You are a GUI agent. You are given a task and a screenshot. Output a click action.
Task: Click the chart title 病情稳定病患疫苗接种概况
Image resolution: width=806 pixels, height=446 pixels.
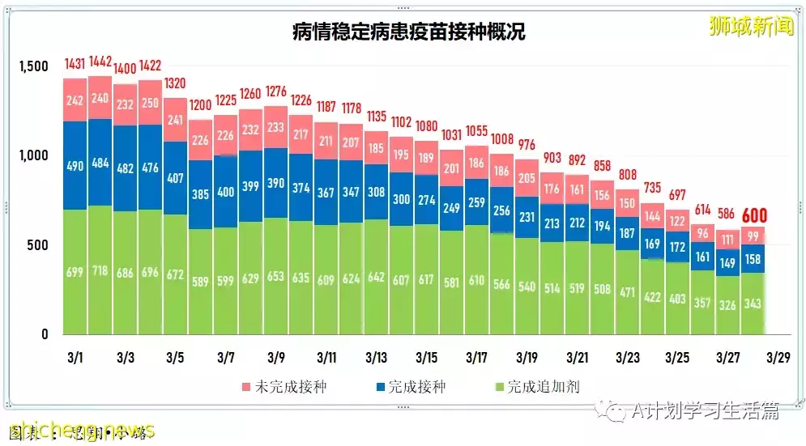pos(408,32)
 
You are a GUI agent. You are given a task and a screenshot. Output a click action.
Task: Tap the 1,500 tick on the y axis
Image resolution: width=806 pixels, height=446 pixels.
pos(35,66)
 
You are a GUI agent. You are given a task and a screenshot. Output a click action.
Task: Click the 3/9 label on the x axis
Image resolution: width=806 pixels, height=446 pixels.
pos(275,356)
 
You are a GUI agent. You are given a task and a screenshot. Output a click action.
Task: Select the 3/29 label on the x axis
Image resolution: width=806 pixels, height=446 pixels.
pos(778,356)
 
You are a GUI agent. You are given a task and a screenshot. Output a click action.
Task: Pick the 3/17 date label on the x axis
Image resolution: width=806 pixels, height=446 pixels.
pos(476,356)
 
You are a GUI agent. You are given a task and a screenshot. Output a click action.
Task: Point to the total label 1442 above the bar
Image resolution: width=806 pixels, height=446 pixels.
pos(100,62)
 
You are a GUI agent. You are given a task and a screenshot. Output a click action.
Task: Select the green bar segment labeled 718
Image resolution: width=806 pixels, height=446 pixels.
pos(100,271)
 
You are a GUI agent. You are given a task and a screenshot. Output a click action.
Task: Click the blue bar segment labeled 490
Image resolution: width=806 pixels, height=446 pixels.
pos(75,166)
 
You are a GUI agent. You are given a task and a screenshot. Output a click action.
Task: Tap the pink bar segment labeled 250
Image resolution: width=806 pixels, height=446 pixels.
pos(150,103)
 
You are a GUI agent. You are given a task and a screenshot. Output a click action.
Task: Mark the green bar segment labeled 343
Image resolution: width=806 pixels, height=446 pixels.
pos(753,304)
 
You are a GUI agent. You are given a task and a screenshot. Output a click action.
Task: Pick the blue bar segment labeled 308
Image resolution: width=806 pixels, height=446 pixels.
pos(377,193)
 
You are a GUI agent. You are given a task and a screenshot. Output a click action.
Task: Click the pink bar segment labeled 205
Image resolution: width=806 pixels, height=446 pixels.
pos(527,179)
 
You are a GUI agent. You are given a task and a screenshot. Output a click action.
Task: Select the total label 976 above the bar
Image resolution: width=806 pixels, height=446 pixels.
pos(527,145)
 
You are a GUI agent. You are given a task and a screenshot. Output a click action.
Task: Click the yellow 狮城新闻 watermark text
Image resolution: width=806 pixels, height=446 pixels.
pos(739,26)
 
